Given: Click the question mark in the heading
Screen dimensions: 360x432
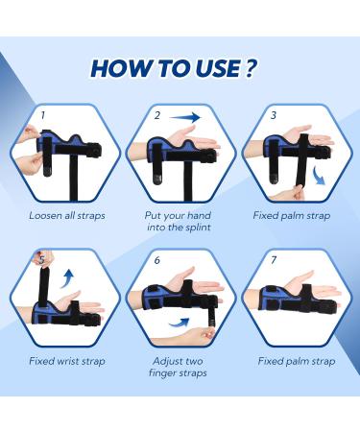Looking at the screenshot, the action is (x=251, y=67).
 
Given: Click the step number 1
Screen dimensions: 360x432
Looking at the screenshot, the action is (x=42, y=115).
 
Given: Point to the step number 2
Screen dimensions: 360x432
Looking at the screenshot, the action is (x=157, y=115).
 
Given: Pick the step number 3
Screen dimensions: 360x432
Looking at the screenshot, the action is (x=273, y=115).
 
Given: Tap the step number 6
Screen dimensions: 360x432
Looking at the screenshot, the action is (x=156, y=260).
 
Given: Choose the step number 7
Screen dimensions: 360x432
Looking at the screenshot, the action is (x=273, y=260).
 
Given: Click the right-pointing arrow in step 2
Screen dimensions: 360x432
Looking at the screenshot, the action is (x=185, y=117).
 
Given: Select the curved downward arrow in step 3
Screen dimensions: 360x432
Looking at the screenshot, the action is (x=319, y=176).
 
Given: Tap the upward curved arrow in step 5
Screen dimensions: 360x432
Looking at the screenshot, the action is (x=68, y=277).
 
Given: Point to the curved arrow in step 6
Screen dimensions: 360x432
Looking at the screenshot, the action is (x=180, y=323).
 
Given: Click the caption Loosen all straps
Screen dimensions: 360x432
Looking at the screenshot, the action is (x=67, y=215).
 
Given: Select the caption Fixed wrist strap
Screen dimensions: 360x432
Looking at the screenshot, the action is (x=67, y=361).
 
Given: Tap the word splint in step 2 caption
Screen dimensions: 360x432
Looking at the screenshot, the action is (x=198, y=228).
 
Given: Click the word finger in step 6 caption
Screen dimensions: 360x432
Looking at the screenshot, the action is (x=160, y=373).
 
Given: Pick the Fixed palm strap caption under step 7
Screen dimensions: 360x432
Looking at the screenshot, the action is (x=297, y=361).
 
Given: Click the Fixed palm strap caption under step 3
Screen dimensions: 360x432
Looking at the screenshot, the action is (x=292, y=216).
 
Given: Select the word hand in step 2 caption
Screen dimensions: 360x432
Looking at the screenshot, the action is (x=199, y=215).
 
